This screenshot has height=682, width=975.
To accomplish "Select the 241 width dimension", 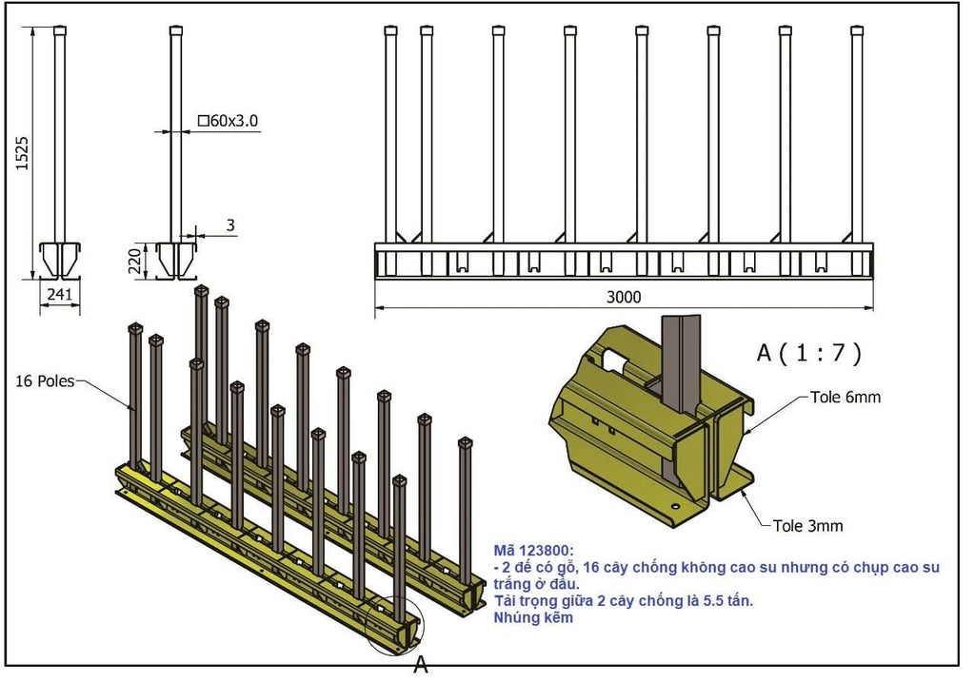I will point(59,295).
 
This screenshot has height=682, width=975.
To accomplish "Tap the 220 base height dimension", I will point(135,260).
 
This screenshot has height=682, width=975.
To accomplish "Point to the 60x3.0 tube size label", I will point(229,121).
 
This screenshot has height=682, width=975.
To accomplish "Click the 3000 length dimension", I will point(624,297).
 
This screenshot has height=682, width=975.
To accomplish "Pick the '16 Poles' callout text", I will point(46,381).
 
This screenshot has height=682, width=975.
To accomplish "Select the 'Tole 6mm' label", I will point(845,398).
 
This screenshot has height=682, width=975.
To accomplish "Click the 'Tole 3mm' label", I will point(806,525).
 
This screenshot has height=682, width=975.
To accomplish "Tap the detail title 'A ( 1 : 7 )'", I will point(808,354).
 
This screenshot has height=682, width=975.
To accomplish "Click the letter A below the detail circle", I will point(421,666).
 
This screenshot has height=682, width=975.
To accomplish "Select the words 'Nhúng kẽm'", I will point(533,617).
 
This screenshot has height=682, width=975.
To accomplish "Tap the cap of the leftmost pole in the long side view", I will point(390,30).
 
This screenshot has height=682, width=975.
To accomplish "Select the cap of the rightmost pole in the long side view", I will point(857,30).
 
